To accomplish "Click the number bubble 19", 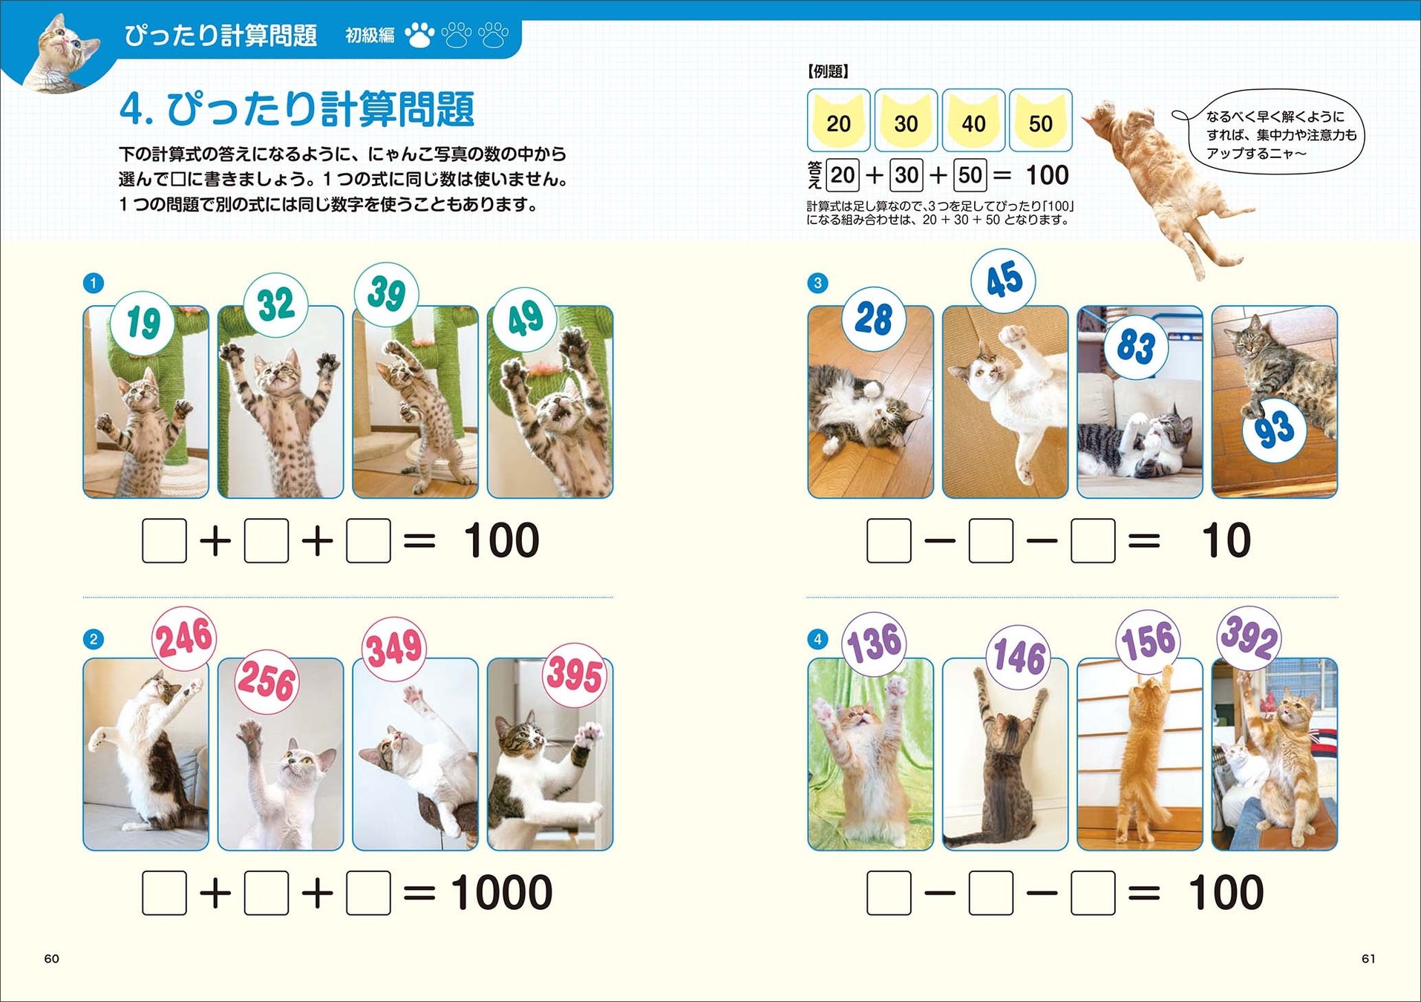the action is click(x=143, y=322).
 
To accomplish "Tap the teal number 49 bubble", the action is click(x=526, y=319).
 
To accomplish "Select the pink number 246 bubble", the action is click(x=184, y=638).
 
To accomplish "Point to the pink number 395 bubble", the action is click(x=574, y=675).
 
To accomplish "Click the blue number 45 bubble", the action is click(x=1003, y=281).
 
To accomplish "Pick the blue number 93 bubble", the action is click(x=1274, y=430).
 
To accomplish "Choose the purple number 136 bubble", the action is click(x=874, y=644).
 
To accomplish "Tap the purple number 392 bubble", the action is click(x=1249, y=638).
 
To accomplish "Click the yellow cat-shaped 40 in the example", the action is click(x=973, y=120).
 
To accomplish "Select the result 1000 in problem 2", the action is click(x=502, y=892).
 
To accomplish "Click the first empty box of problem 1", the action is click(x=164, y=540).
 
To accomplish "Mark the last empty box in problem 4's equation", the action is click(x=1093, y=893).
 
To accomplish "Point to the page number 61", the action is click(x=1368, y=958).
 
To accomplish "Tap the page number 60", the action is click(x=52, y=958).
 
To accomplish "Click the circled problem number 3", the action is click(x=817, y=283).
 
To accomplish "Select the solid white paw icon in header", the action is click(x=419, y=35).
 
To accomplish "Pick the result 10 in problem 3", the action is click(x=1226, y=540).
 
